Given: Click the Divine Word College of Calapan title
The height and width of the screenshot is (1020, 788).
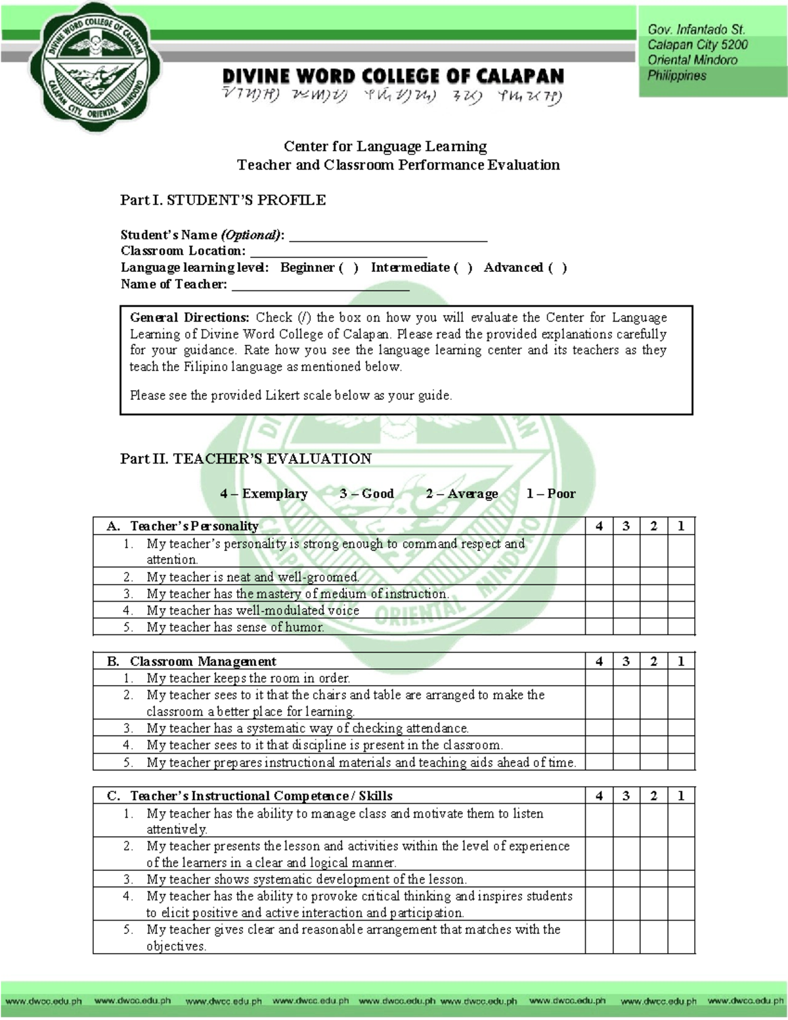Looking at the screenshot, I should [393, 76].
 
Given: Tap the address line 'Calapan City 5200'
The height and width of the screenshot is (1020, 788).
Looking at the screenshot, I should [697, 45].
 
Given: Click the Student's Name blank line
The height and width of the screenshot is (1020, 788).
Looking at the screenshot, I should [388, 236].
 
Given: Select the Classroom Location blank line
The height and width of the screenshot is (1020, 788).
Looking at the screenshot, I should [339, 252].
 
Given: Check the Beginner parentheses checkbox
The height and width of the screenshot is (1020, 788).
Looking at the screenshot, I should [348, 268].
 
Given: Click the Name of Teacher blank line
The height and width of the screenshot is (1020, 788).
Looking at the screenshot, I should [320, 285].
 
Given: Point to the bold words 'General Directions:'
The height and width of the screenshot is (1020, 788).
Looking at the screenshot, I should [189, 318].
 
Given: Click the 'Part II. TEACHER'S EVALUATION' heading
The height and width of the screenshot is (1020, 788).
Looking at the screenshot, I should [246, 458].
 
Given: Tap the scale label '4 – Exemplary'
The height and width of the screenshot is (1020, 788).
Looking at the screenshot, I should [263, 494].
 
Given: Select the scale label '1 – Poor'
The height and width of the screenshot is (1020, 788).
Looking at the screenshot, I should [550, 494].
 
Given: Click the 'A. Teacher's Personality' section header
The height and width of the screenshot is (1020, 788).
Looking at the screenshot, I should [183, 526].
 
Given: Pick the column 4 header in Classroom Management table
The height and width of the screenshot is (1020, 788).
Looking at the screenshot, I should [599, 661].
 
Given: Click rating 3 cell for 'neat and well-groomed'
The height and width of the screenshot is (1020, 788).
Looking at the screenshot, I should [626, 577].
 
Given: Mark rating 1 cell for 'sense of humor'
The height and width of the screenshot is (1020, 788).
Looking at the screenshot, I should [681, 627].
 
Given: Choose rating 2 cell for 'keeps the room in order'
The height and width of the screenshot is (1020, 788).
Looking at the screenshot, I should [653, 678].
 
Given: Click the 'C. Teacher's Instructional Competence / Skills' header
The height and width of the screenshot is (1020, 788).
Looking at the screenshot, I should [250, 796].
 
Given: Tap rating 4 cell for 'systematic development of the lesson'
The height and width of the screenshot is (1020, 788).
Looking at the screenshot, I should [599, 879].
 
